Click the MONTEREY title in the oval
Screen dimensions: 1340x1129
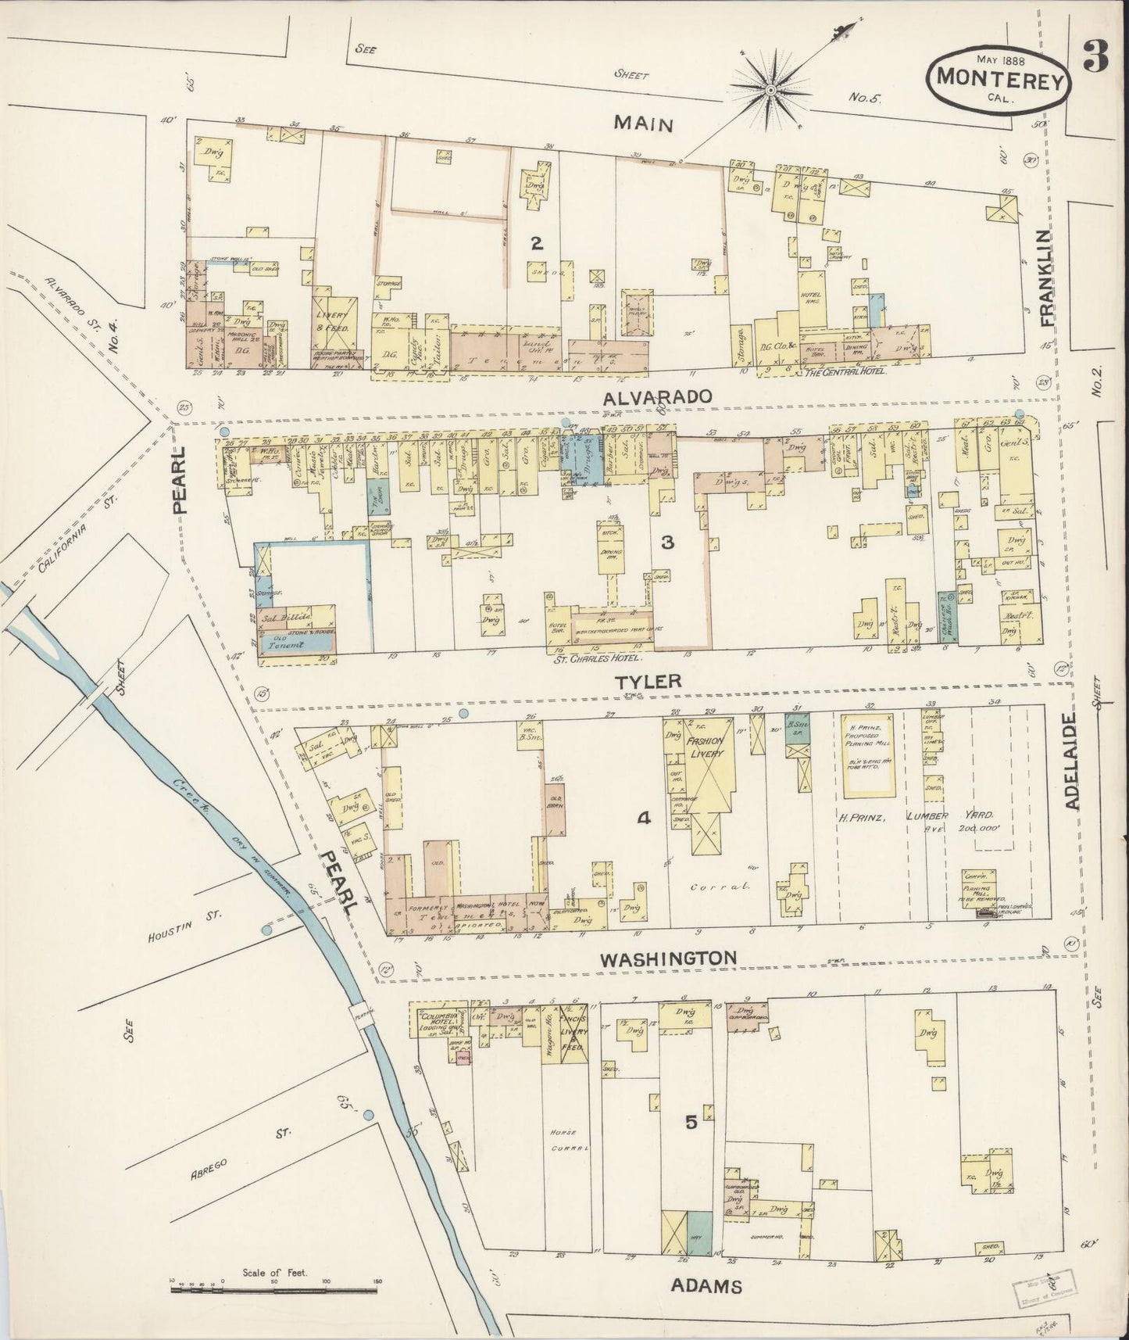(997, 77)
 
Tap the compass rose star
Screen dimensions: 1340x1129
(770, 91)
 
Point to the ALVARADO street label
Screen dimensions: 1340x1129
(659, 396)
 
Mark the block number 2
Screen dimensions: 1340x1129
(536, 243)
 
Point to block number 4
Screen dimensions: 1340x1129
(644, 819)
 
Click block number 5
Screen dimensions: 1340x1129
(691, 1122)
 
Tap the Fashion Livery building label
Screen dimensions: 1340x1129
(705, 746)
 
